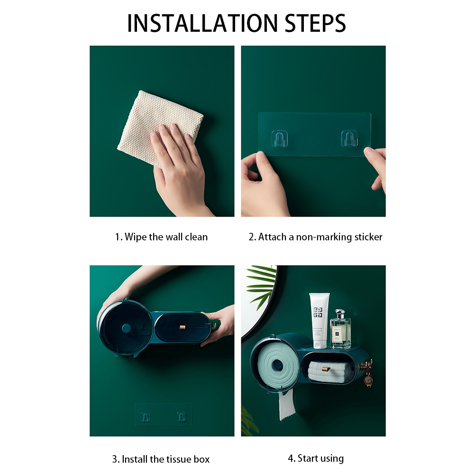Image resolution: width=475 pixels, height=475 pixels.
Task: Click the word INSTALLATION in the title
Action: click(x=202, y=23)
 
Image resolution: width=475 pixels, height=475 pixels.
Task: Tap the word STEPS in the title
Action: click(x=315, y=23)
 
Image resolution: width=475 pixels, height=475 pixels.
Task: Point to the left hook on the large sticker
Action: click(x=279, y=138)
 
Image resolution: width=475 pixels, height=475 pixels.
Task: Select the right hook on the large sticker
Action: click(x=349, y=138)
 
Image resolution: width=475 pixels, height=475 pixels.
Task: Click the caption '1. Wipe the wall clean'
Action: click(x=161, y=237)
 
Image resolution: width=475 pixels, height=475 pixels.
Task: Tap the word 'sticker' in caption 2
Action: click(x=368, y=237)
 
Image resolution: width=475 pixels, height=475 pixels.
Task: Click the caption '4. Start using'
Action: click(x=316, y=458)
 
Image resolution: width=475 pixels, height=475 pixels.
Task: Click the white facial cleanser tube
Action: click(x=319, y=320)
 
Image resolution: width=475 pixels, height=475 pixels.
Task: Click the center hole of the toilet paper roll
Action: click(x=278, y=365)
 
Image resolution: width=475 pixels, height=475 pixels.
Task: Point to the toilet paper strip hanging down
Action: click(x=287, y=404)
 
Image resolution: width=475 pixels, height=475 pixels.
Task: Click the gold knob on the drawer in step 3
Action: click(x=183, y=328)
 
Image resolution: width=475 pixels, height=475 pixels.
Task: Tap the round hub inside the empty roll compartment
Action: click(x=126, y=329)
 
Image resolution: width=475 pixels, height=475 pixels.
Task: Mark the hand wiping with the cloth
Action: click(x=178, y=165)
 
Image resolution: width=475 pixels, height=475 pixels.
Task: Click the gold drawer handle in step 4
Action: click(x=326, y=369)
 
